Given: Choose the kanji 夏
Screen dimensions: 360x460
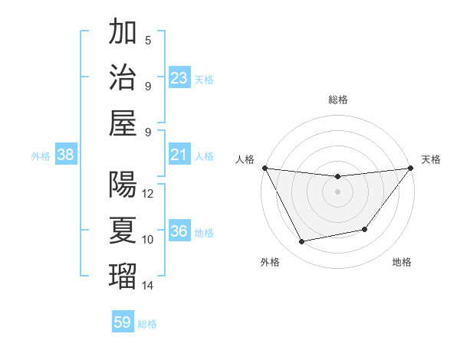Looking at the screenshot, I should point(123,230).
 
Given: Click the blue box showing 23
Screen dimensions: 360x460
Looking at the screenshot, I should point(179,78).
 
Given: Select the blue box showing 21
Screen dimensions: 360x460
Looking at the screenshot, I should point(179,155).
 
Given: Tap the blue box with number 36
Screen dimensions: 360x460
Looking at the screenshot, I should point(179,232).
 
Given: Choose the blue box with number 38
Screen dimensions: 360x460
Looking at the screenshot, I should point(65,155).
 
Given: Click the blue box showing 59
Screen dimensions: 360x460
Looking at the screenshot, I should point(123,322).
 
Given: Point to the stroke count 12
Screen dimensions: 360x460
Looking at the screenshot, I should point(149,194).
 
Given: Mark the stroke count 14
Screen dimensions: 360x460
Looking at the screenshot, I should point(149,286).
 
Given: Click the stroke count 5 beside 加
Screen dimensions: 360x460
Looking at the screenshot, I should point(148,41).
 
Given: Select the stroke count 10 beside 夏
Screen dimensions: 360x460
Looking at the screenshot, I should point(149,240).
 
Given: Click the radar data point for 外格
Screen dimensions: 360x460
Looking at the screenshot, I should point(301,242).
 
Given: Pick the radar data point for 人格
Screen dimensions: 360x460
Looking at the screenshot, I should point(264,168).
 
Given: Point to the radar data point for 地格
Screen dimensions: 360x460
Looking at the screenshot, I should point(365,229).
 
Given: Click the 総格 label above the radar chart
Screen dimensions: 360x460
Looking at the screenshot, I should point(337,100).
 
